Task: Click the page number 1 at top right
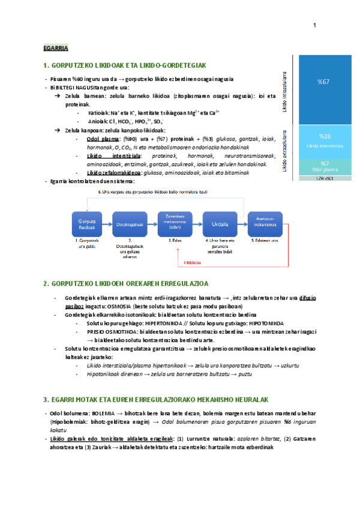pyautogui.click(x=314, y=25)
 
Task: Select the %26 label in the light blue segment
pyautogui.click(x=324, y=137)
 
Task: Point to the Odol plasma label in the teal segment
pyautogui.click(x=324, y=170)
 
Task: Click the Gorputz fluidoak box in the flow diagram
pyautogui.click(x=88, y=224)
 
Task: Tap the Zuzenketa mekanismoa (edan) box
pyautogui.click(x=175, y=223)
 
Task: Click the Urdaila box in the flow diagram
pyautogui.click(x=220, y=224)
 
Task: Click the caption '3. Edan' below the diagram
pyautogui.click(x=175, y=240)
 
